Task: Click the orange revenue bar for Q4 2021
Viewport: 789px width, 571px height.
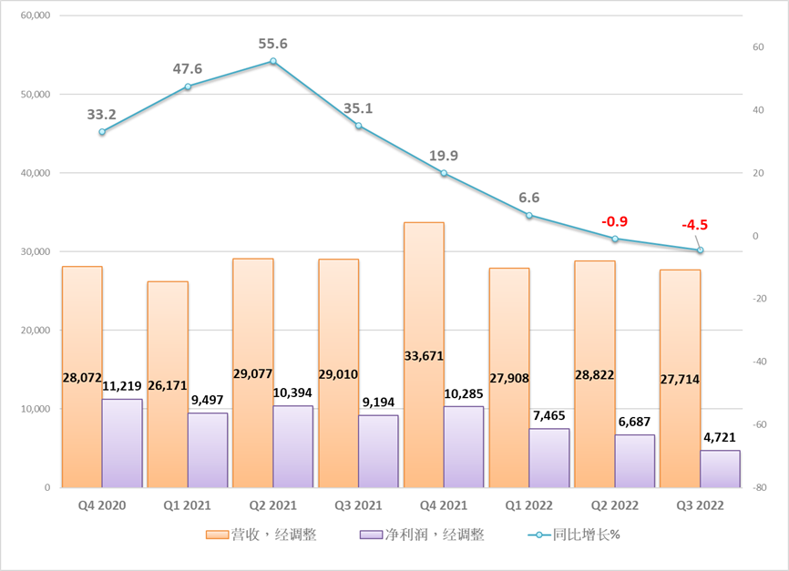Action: pos(424,291)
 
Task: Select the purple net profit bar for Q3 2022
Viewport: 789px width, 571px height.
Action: pos(720,469)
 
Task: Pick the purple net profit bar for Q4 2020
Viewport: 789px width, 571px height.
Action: pos(122,444)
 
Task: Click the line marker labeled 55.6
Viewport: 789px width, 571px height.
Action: pos(272,61)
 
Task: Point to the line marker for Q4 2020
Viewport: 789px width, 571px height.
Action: pos(102,132)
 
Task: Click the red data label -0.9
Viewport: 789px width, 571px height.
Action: pos(614,221)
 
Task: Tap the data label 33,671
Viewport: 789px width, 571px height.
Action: pos(424,357)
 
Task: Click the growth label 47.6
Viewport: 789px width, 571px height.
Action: pos(188,69)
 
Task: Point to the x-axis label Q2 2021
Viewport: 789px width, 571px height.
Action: pos(272,504)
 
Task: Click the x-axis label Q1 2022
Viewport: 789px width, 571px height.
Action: pos(528,504)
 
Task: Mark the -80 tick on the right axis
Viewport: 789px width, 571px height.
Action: pos(754,488)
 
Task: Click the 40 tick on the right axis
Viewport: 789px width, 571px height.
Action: pos(753,110)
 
